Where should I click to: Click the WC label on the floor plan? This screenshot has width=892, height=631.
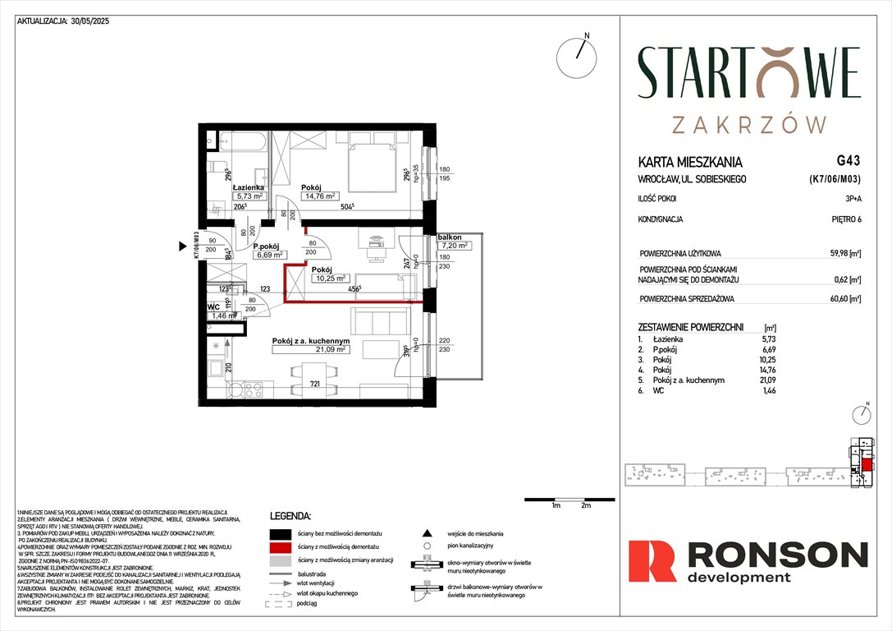point(213,306)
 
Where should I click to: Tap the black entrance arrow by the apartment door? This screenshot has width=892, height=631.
point(184,245)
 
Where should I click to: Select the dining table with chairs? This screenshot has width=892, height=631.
point(314,380)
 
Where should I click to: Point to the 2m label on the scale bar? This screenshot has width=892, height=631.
point(585,506)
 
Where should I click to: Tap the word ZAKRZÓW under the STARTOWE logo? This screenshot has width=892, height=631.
point(748,124)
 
